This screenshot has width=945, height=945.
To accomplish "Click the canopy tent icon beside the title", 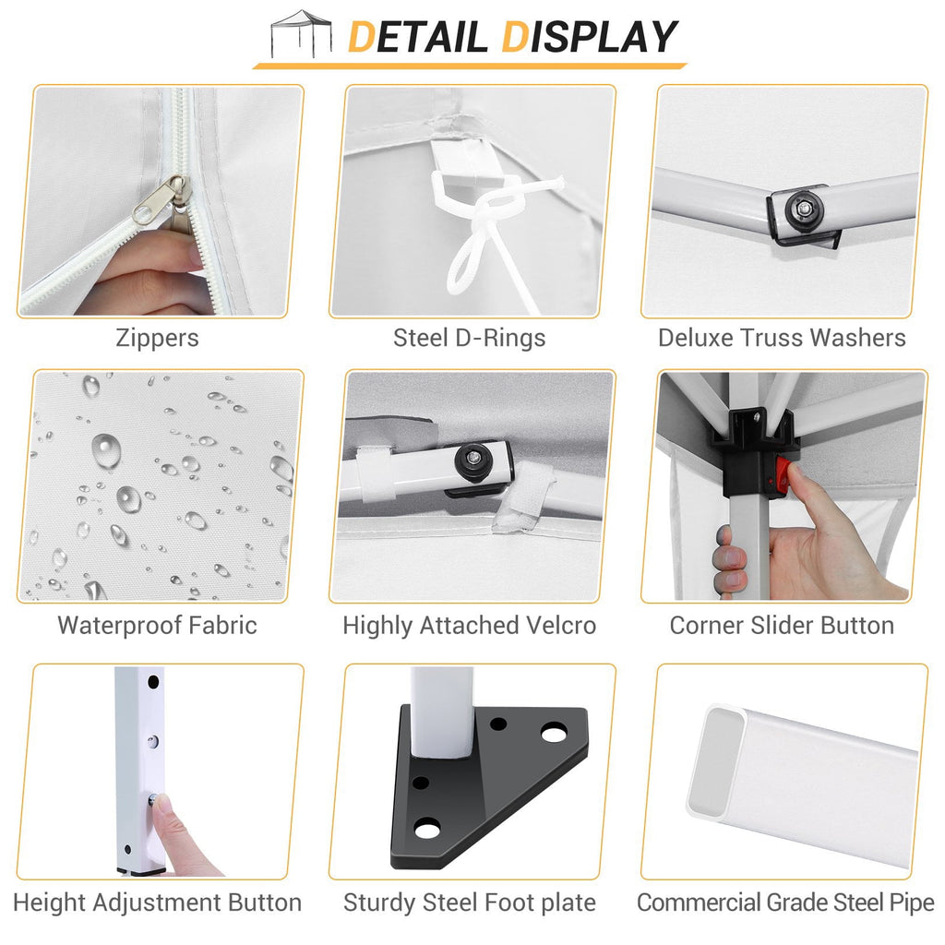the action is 301,34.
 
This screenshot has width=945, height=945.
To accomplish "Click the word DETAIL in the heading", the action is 417,37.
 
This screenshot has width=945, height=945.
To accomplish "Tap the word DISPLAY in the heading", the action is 589,37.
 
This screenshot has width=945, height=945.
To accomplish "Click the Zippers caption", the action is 157,338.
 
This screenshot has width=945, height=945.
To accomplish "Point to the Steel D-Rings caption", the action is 470,338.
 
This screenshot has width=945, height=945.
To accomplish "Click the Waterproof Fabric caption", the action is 157,625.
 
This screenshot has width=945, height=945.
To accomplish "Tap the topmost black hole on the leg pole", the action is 153,682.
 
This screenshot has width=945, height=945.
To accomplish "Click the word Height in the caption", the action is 49,903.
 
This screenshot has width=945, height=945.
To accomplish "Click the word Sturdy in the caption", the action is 379,903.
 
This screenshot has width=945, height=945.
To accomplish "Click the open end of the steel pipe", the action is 717,762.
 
